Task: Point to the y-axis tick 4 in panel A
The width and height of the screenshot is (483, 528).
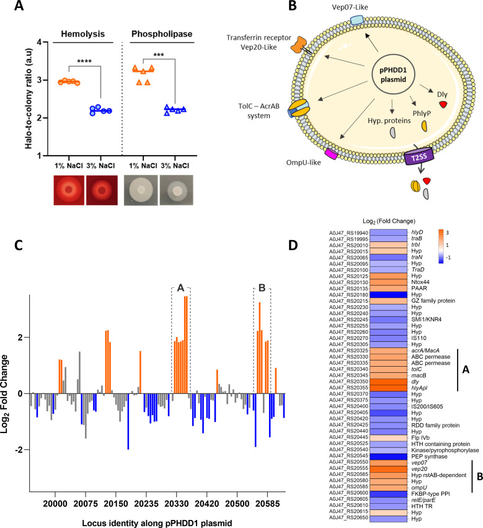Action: tap(42, 43)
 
